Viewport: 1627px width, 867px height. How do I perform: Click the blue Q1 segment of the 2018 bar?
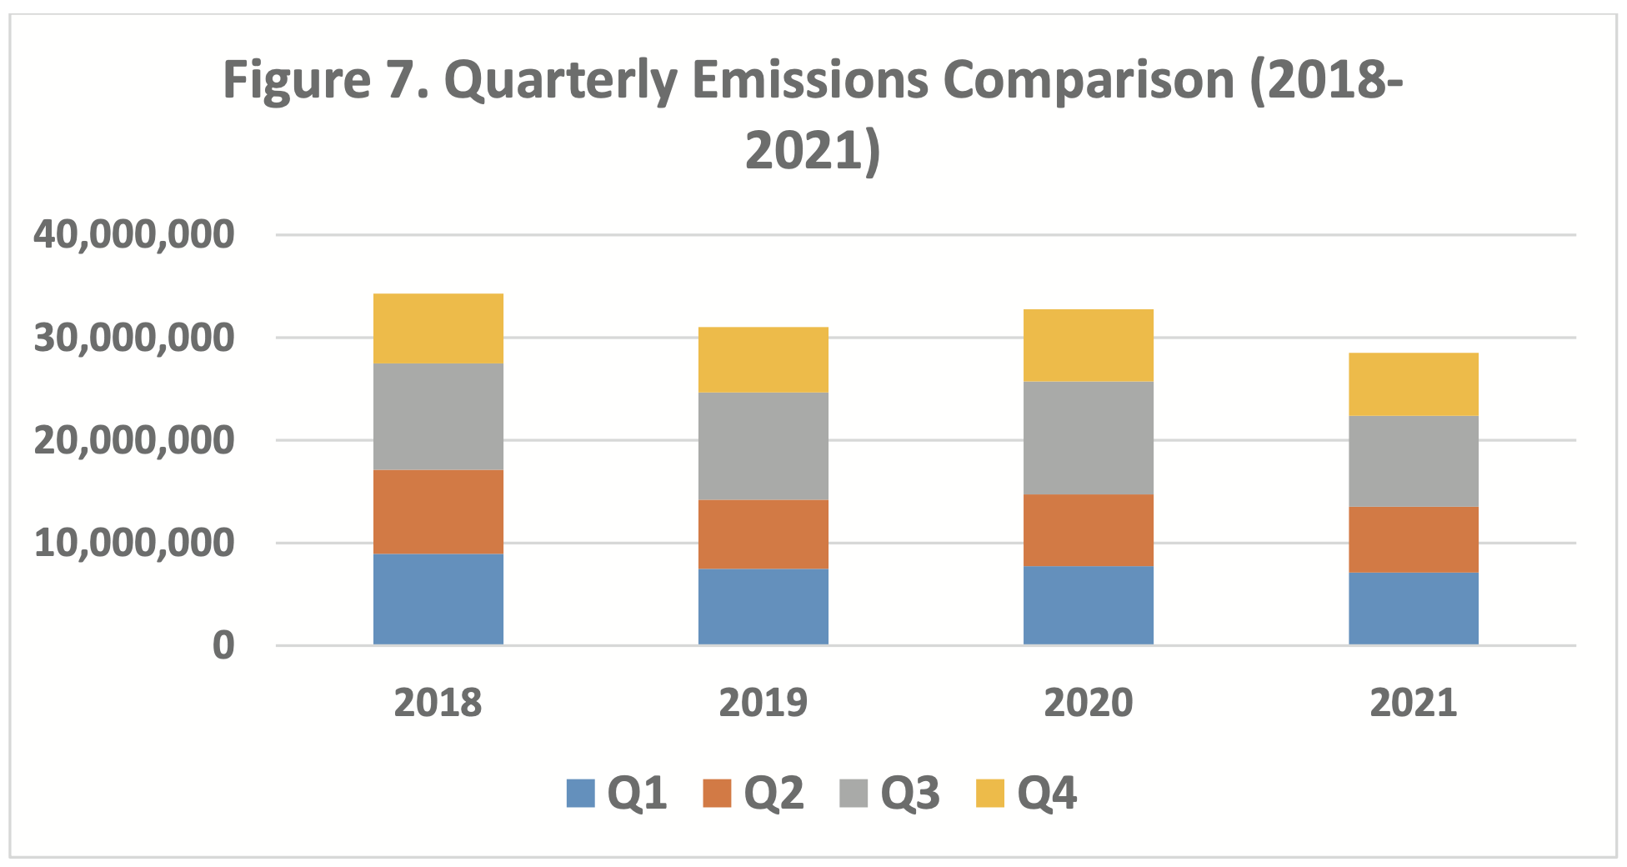pos(438,599)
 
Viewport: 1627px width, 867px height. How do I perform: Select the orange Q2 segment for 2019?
pos(763,534)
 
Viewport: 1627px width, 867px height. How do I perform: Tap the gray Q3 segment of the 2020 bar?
pos(1088,438)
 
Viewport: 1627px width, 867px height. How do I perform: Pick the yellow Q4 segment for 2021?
pos(1413,384)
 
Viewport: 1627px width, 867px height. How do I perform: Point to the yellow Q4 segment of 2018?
pos(438,328)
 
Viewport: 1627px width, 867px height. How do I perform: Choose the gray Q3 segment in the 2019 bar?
pos(763,446)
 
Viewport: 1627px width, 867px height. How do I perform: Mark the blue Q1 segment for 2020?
pos(1088,605)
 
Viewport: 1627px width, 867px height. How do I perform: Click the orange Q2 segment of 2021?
pos(1413,539)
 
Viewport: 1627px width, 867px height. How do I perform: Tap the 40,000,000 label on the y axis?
pos(134,234)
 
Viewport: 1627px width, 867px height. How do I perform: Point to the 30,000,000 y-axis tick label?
pos(134,338)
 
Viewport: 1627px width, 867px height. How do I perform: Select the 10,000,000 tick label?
pos(134,543)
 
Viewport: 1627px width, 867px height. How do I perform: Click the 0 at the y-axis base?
pos(223,645)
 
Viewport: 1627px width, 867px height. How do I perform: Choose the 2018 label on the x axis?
pos(438,702)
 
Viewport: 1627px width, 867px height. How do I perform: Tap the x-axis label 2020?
pos(1088,702)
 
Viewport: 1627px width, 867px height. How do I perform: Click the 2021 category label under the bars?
pos(1413,702)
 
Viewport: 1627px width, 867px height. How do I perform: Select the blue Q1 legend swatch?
pos(581,793)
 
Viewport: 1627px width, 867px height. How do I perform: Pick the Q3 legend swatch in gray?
pos(854,793)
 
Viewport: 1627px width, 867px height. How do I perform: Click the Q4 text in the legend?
pos(1047,793)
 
